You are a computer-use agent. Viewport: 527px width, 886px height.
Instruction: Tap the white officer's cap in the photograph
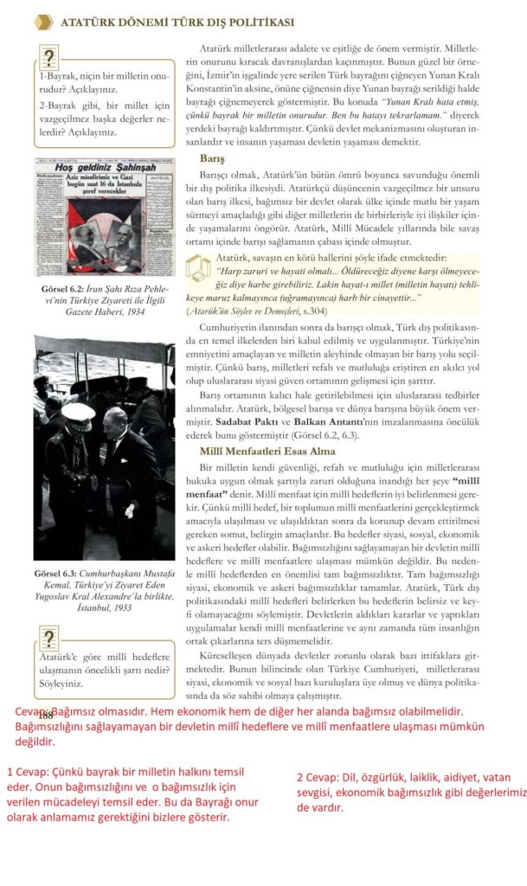(x=78, y=412)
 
